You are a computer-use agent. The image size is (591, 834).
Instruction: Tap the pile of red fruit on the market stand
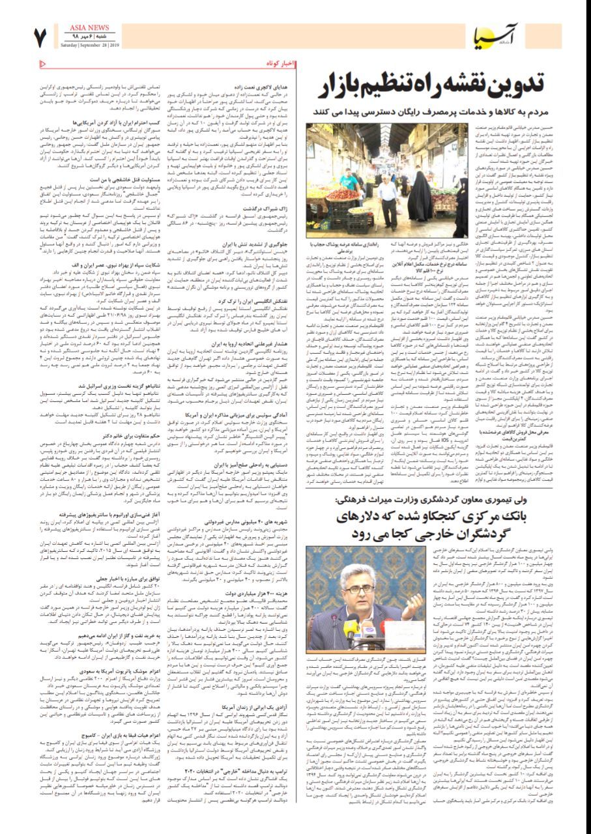pos(342,194)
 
